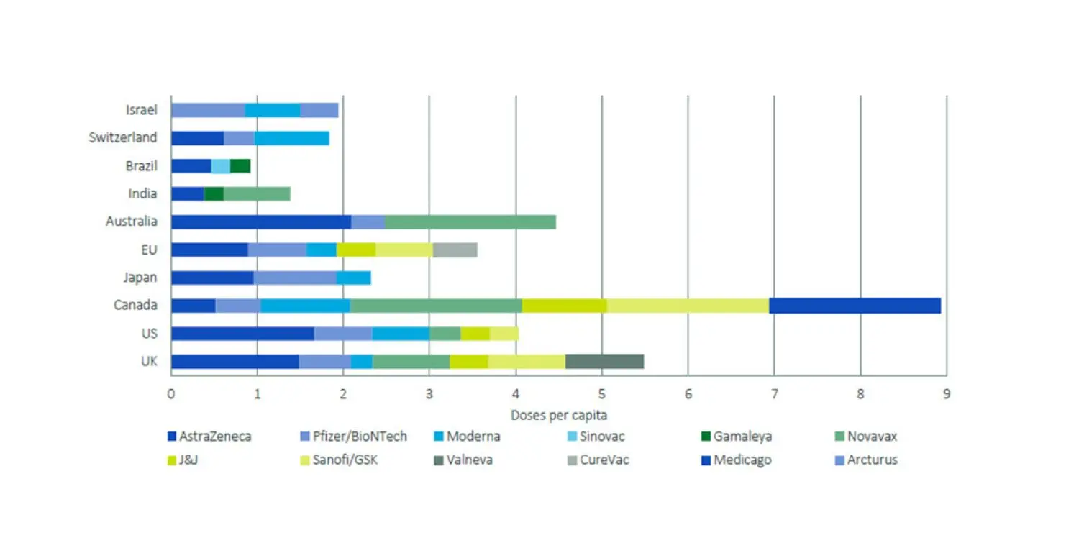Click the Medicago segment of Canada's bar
click(x=855, y=306)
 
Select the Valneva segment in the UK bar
click(x=604, y=362)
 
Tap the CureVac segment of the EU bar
click(x=455, y=250)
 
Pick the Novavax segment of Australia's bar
click(x=470, y=222)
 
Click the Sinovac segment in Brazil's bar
click(x=220, y=165)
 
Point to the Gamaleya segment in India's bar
click(x=214, y=193)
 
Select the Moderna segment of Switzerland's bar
click(x=291, y=137)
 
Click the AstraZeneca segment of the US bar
click(x=242, y=334)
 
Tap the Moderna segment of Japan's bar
click(x=353, y=278)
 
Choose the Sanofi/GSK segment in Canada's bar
click(x=688, y=306)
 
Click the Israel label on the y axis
click(x=141, y=110)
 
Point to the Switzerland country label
click(x=123, y=137)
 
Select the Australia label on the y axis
click(x=132, y=222)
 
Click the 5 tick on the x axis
click(x=602, y=393)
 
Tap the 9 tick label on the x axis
click(x=947, y=393)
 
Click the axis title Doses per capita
click(x=559, y=415)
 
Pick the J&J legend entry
click(x=186, y=460)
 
